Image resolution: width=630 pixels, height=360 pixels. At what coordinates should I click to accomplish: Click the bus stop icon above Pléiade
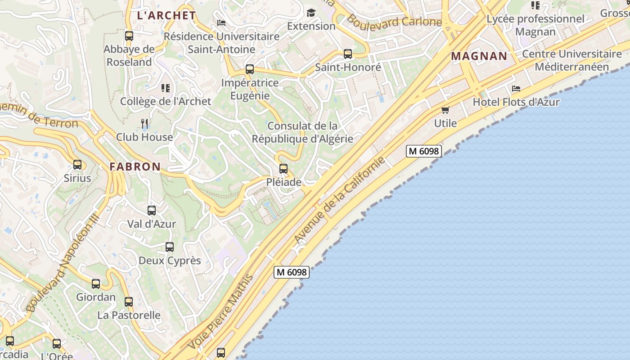283,169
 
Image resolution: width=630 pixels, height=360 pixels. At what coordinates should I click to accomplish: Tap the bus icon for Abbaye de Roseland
129,36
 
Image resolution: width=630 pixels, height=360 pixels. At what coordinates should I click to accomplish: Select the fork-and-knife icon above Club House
144,123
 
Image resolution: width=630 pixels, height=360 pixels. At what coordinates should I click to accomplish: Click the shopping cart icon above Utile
445,110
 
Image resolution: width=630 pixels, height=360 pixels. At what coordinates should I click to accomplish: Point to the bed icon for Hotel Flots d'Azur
516,89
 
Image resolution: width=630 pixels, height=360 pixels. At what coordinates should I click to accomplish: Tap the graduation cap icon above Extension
311,13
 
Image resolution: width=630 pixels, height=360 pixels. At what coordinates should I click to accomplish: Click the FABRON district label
135,166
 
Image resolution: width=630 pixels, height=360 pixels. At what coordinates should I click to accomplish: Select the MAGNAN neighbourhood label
479,56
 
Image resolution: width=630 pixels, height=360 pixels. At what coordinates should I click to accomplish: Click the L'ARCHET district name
166,15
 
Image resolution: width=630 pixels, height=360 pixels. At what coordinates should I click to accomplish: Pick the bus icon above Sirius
77,165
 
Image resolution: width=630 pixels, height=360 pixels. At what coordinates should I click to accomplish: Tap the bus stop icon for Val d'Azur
152,210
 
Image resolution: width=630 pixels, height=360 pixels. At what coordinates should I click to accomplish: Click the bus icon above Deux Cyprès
170,247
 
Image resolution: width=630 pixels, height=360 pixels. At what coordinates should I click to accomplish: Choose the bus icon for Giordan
96,284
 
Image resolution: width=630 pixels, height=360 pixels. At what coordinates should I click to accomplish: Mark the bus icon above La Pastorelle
129,302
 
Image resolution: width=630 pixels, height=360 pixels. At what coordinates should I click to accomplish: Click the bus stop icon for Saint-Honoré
348,54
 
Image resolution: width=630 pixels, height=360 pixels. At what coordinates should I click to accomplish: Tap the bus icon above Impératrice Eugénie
250,69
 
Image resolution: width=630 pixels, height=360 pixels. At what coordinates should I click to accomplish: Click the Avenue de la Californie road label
340,200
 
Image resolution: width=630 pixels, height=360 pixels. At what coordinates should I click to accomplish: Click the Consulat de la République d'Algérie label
302,132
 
